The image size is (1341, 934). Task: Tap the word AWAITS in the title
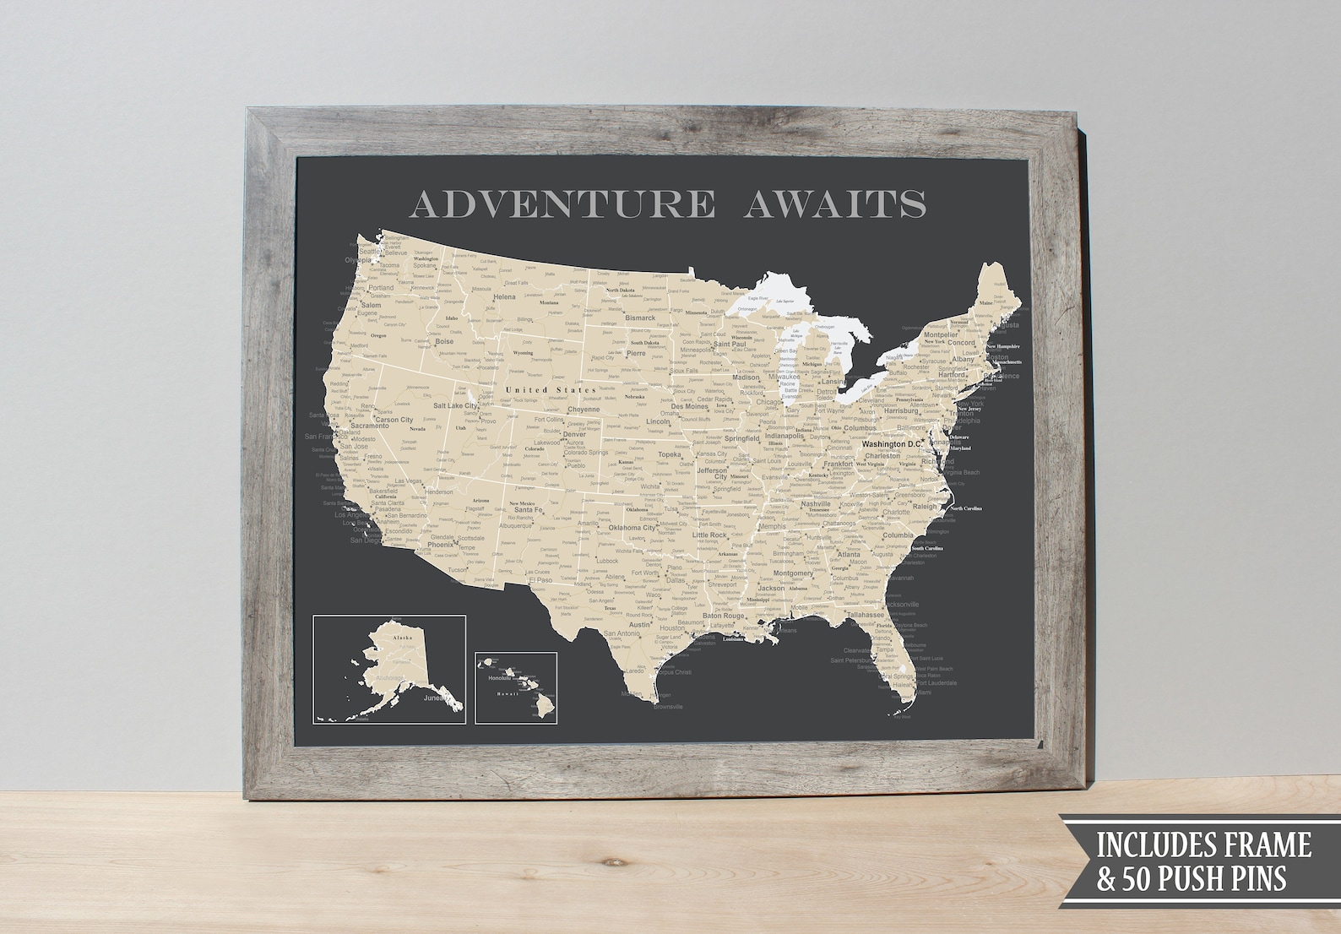(x=834, y=204)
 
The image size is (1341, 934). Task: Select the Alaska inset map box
(x=388, y=669)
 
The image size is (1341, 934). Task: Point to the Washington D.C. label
(x=898, y=444)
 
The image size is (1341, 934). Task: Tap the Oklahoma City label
(x=632, y=528)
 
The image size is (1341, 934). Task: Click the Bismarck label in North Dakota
(x=640, y=318)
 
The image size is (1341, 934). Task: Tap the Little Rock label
(x=709, y=535)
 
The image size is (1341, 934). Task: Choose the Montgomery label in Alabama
(x=793, y=573)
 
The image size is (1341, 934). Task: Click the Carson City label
(x=394, y=420)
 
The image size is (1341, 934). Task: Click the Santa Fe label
(x=528, y=510)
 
